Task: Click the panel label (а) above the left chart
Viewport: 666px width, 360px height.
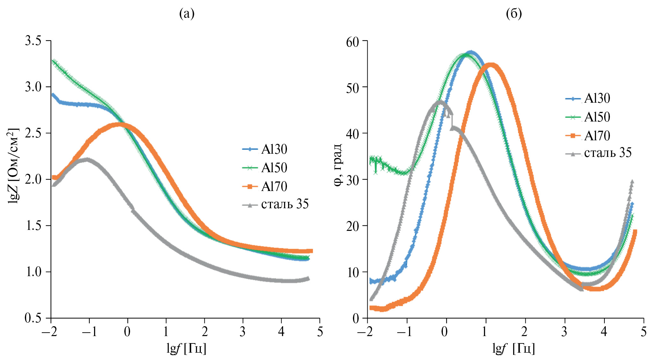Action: point(187,14)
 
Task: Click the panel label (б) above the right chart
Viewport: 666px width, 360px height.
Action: point(514,14)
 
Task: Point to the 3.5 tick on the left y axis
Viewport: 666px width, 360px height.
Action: point(33,41)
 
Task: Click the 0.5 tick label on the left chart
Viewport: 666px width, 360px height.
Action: point(33,318)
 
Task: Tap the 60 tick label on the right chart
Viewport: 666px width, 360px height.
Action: point(353,42)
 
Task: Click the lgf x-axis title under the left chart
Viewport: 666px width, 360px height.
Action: point(186,348)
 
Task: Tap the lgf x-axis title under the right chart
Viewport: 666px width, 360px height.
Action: point(513,348)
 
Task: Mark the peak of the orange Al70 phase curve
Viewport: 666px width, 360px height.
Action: point(491,65)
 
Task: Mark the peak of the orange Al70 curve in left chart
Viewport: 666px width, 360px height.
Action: point(120,124)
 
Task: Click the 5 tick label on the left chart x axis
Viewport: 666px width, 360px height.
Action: point(320,332)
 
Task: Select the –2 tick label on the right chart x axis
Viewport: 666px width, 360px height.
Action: point(367,332)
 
